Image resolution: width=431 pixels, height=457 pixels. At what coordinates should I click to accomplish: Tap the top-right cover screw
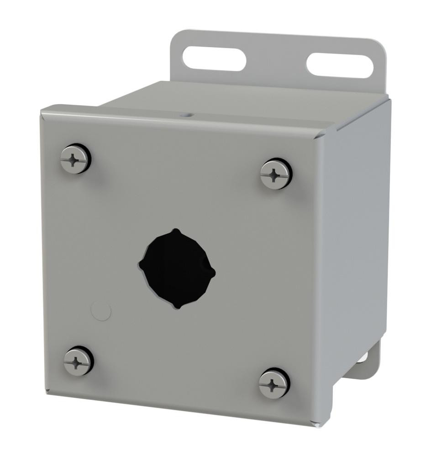point(276,174)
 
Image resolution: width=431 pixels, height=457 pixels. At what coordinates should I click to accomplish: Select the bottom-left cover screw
point(79,361)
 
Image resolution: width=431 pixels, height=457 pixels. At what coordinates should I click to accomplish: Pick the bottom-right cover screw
point(274,383)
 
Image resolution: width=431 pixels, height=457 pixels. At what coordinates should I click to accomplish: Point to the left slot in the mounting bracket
point(214,58)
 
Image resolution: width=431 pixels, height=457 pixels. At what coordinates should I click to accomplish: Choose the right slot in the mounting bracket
point(340,66)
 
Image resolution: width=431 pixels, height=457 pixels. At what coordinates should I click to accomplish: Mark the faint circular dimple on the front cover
point(101,312)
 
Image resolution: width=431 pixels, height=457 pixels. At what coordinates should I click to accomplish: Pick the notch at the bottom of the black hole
point(177,307)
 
